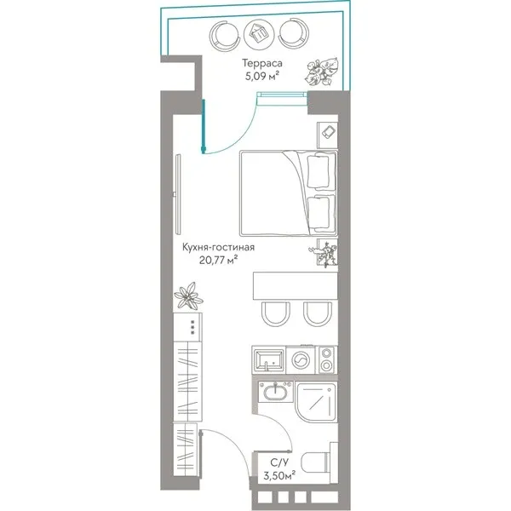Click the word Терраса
click(x=261, y=63)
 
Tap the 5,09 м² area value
click(x=262, y=77)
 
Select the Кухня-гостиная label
click(x=218, y=247)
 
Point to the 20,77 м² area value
click(x=218, y=260)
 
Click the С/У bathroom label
click(x=279, y=462)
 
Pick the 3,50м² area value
click(x=279, y=476)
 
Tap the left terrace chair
click(x=225, y=35)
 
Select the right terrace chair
click(x=293, y=33)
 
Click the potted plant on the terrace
click(x=322, y=72)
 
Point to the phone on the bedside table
click(x=328, y=132)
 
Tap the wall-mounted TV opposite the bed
click(x=178, y=194)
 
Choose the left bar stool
click(x=275, y=313)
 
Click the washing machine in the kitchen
click(x=301, y=360)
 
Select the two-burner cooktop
click(x=326, y=359)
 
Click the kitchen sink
click(x=269, y=359)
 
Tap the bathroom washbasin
click(x=276, y=393)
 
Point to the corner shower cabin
click(x=317, y=402)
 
